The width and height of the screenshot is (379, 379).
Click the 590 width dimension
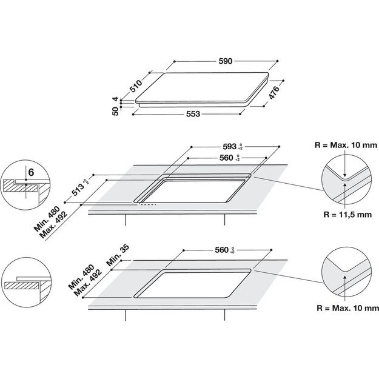[225, 61]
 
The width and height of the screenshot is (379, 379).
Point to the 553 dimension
[193, 114]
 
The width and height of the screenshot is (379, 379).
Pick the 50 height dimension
[115, 113]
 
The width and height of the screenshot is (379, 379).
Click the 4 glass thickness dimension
[115, 99]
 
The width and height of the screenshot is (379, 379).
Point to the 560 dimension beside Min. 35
[224, 250]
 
